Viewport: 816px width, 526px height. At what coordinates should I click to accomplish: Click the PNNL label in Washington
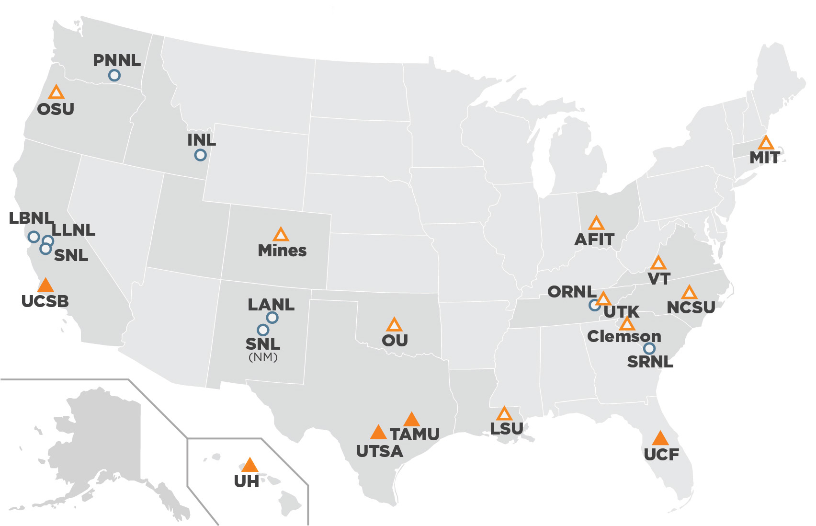click(x=117, y=60)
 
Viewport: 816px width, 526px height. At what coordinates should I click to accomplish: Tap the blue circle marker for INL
click(x=200, y=155)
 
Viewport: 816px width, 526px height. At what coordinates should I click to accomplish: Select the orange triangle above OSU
click(x=57, y=92)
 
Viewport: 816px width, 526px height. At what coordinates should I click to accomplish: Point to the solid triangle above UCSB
click(x=45, y=286)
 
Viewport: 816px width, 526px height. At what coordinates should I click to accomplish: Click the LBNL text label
click(x=31, y=218)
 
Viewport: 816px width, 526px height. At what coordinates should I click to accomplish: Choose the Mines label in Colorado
click(x=282, y=251)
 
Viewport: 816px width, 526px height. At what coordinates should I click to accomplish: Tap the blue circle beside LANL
click(x=272, y=317)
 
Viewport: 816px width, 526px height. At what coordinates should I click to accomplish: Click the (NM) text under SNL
click(x=263, y=357)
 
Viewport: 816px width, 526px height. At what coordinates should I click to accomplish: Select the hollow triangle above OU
click(x=394, y=325)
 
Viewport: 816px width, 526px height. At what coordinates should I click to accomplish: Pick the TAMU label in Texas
click(x=415, y=435)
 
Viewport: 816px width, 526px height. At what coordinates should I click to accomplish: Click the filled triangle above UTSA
click(x=378, y=433)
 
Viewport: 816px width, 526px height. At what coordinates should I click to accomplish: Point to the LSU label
click(x=507, y=428)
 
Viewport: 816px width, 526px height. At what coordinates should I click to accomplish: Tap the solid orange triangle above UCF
click(x=660, y=438)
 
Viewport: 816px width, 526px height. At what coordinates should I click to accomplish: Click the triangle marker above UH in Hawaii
click(x=249, y=465)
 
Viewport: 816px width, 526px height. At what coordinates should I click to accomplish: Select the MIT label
click(x=765, y=158)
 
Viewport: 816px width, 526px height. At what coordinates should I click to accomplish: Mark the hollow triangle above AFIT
click(x=596, y=223)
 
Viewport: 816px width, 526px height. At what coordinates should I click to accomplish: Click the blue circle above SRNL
click(x=649, y=348)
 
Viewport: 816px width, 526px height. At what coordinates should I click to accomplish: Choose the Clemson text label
click(x=624, y=336)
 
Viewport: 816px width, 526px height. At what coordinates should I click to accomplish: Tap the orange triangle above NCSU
click(x=689, y=293)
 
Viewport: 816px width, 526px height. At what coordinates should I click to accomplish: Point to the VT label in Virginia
click(x=659, y=278)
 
